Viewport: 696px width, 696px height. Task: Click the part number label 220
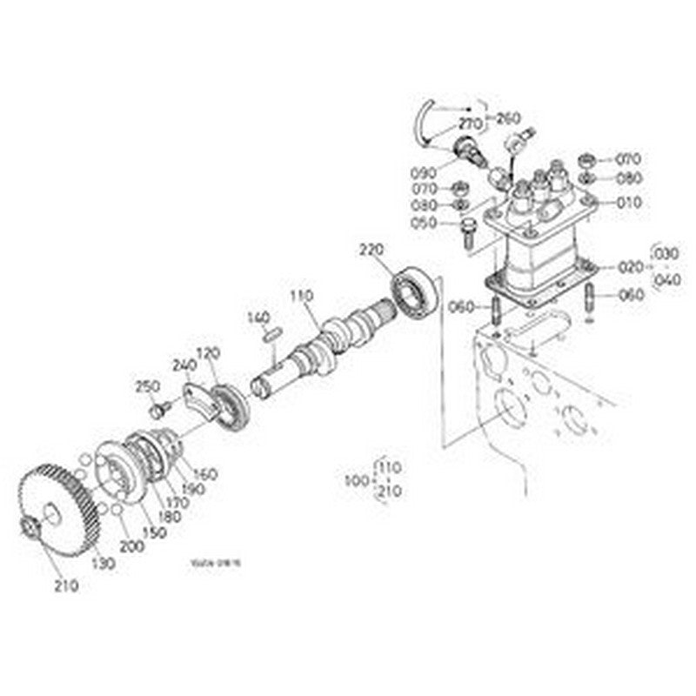pos(371,250)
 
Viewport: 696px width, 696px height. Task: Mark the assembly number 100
pos(357,479)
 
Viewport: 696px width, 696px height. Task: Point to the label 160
pos(205,474)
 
